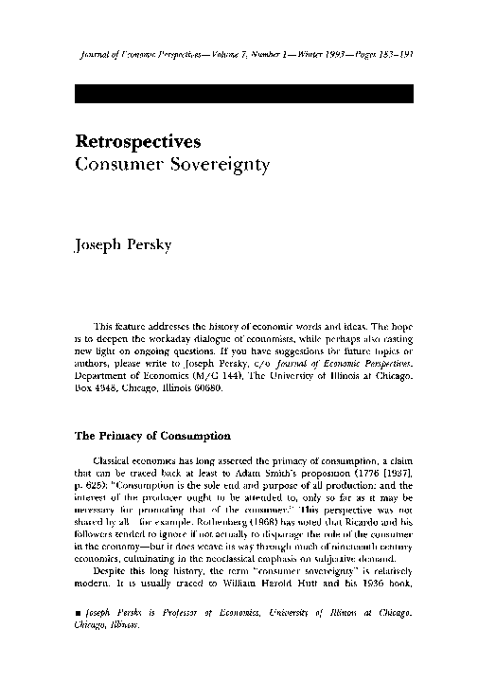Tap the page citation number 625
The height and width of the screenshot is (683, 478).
92,486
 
